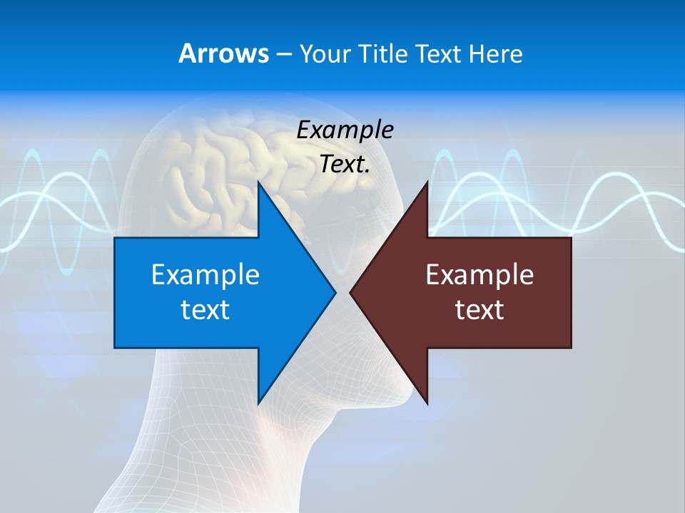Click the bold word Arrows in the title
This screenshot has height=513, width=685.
pos(223,53)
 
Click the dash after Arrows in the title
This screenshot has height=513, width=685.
pos(283,54)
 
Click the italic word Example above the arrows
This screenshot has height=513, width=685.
pos(345,130)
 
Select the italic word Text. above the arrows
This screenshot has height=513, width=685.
pos(345,165)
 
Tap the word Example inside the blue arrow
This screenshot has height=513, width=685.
pos(205,275)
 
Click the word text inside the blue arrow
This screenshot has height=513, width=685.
pos(205,310)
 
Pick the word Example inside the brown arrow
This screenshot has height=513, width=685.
pos(479,275)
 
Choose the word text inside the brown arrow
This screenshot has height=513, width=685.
pos(479,310)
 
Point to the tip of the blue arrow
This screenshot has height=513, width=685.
pos(335,292)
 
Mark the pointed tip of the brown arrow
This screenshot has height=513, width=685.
pos(350,292)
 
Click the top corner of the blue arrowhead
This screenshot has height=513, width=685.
pos(258,182)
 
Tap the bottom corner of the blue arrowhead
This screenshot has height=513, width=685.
pos(258,403)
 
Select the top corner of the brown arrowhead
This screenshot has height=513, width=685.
pos(427,182)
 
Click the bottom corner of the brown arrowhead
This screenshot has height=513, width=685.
pos(427,403)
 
